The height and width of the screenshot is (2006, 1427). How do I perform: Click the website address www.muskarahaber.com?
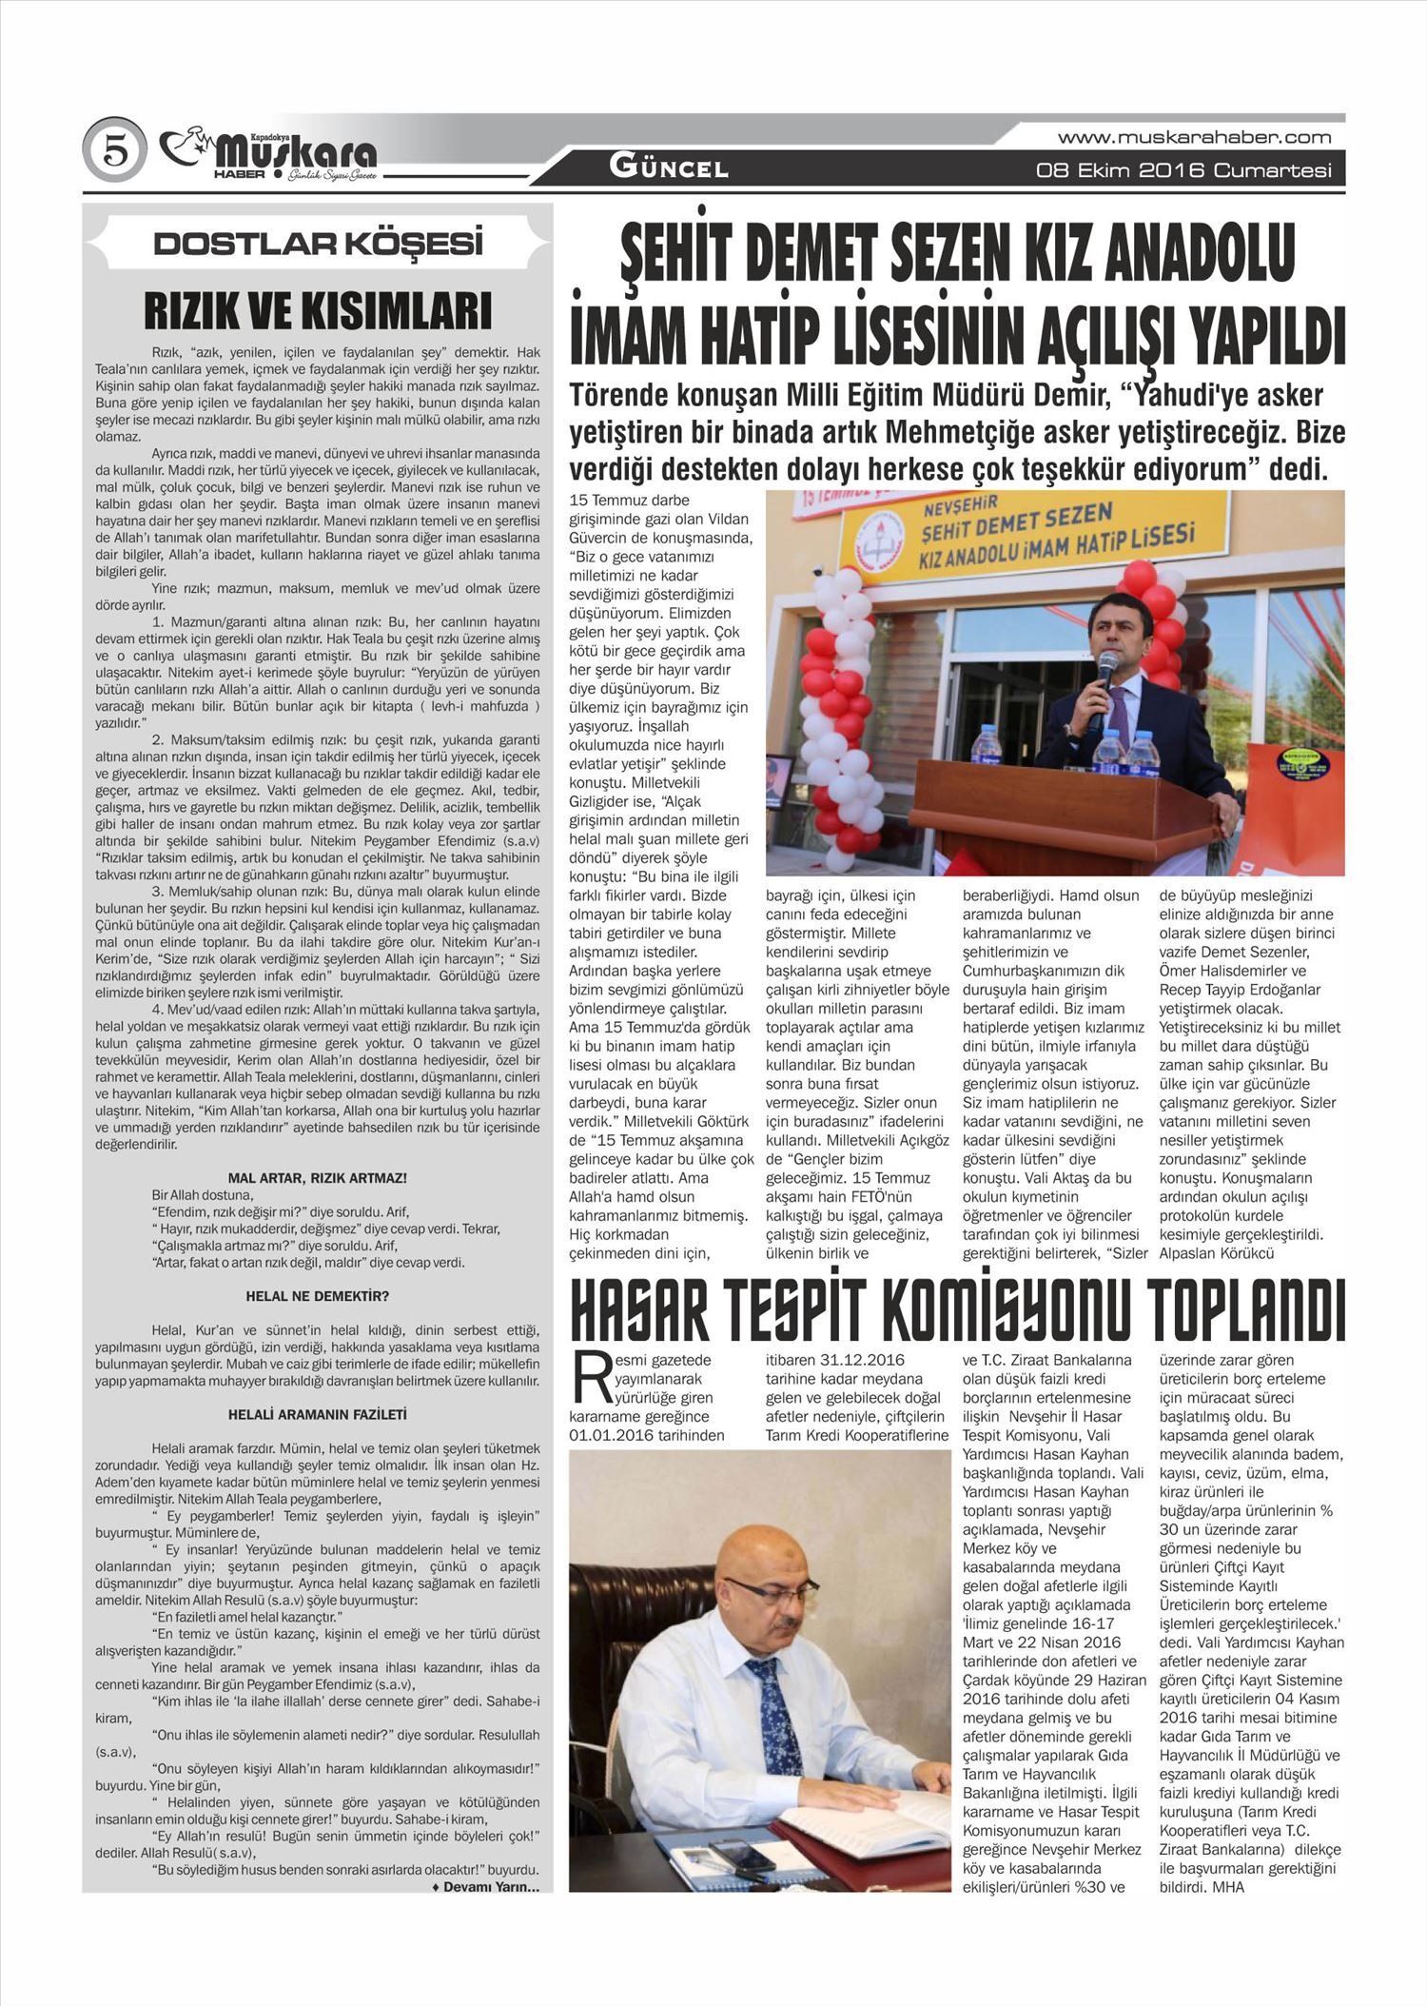pyautogui.click(x=1194, y=137)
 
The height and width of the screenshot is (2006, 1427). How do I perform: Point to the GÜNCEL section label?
pyautogui.click(x=670, y=169)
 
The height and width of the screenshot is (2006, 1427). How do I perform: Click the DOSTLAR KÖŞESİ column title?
pyautogui.click(x=318, y=245)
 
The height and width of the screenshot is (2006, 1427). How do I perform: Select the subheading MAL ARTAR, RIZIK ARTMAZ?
pyautogui.click(x=318, y=1178)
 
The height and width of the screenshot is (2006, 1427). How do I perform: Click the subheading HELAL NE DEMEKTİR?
pyautogui.click(x=318, y=1296)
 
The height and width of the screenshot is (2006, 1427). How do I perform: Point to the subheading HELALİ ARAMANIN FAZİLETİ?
pyautogui.click(x=318, y=1415)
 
